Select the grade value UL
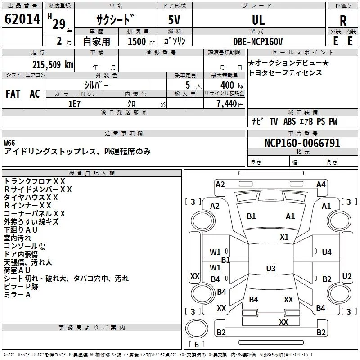coord(258,20)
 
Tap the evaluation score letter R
coord(343,20)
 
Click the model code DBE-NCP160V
coord(258,41)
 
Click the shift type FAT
coord(13,94)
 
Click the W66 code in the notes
coord(9,143)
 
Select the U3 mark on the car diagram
coord(270,269)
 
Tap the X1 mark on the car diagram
coord(284,237)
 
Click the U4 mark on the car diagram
coord(327,252)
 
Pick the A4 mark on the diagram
coord(321,184)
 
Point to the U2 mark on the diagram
coord(347,276)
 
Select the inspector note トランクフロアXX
coord(35,181)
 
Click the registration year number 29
coord(59,24)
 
